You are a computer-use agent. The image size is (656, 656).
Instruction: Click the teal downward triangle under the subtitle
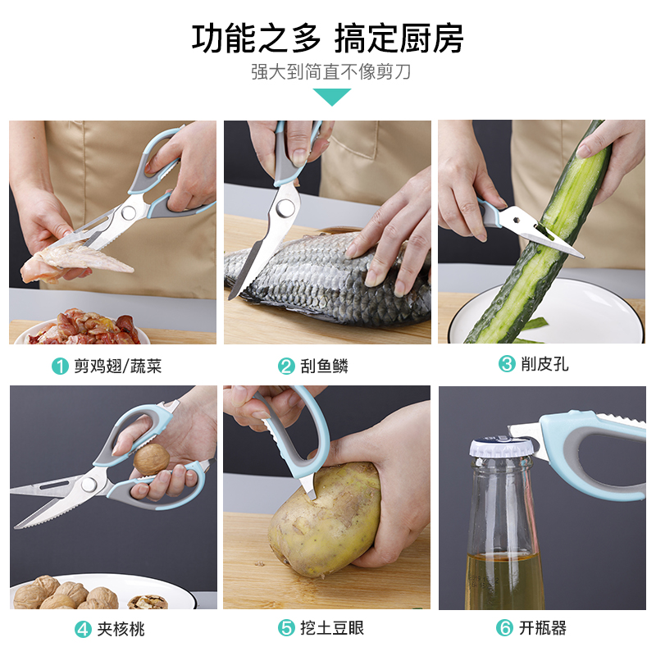point(331,96)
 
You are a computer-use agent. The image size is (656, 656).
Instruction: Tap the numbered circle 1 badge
point(60,366)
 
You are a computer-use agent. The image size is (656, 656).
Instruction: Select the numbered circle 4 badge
point(83,629)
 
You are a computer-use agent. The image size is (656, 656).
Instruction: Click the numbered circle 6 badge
point(504,627)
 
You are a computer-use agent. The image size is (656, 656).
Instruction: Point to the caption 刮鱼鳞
point(324,366)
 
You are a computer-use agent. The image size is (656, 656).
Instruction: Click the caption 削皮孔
point(544,364)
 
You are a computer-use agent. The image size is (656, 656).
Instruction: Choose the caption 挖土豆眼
point(332,627)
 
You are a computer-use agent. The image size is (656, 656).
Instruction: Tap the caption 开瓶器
point(543,627)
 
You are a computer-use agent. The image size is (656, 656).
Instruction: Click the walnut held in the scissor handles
point(152,459)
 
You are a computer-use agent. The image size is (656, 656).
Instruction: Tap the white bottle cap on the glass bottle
point(500,448)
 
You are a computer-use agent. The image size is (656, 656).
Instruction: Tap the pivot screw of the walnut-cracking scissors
point(89,484)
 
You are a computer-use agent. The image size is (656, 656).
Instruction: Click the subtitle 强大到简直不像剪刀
point(331,71)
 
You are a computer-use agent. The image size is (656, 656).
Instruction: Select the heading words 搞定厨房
point(399,39)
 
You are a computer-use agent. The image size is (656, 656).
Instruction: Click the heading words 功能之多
point(257,39)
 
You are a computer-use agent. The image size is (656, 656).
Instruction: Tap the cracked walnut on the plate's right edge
point(148,602)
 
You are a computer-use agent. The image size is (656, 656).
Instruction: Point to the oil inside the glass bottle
point(504,581)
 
